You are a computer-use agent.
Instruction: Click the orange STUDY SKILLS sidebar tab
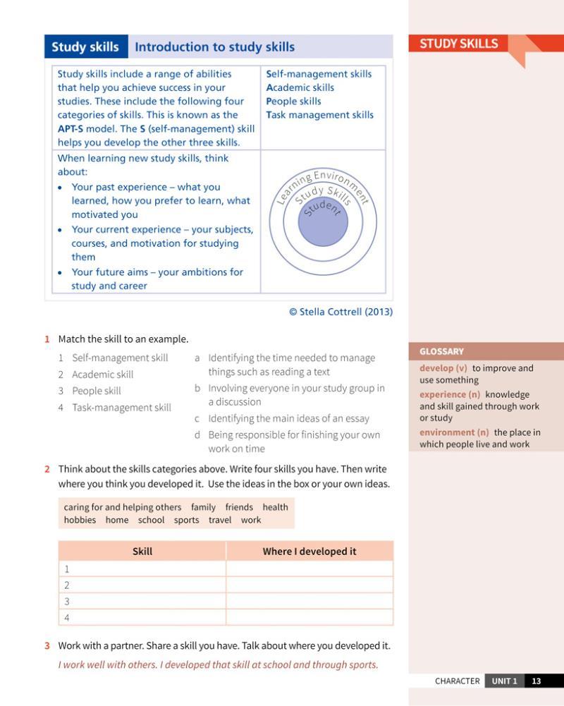459,44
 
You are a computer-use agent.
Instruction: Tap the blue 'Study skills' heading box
85,47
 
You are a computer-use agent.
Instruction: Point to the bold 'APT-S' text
70,129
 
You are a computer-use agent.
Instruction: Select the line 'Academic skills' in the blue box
300,87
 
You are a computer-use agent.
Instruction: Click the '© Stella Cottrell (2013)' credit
341,312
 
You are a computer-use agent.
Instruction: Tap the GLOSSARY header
441,351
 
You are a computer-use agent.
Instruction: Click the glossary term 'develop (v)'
443,368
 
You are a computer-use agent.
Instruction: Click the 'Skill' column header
142,552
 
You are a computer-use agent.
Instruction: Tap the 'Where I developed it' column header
309,552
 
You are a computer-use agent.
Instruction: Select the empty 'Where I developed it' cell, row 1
309,568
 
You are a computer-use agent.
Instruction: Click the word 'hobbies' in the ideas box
80,521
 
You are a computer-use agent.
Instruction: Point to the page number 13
537,681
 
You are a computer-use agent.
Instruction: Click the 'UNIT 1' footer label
504,681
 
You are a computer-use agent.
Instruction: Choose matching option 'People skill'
97,391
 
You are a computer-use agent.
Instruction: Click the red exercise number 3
47,646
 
